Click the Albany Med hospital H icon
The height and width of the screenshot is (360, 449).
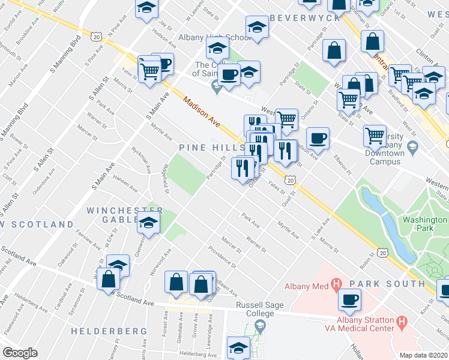[336, 283]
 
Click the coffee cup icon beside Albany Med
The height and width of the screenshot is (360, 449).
[349, 298]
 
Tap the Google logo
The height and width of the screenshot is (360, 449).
[20, 353]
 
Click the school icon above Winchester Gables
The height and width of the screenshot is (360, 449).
[147, 223]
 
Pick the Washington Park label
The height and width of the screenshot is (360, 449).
[424, 224]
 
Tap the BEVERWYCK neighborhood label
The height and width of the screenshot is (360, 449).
[305, 18]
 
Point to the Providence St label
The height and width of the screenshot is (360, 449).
[222, 256]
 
